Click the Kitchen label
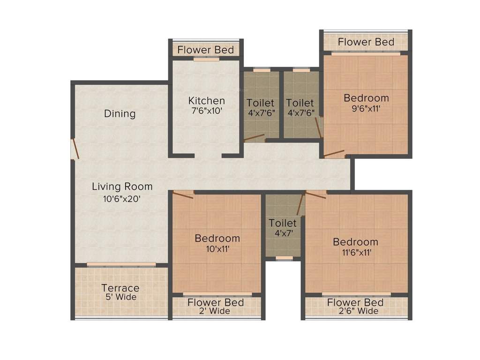(x=206, y=100)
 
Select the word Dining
(x=120, y=113)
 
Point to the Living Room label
(x=122, y=186)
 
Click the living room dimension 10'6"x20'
(x=122, y=198)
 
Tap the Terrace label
(x=120, y=288)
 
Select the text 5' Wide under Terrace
(x=120, y=297)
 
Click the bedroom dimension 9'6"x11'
(x=366, y=109)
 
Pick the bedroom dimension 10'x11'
(x=217, y=249)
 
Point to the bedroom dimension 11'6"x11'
(x=355, y=253)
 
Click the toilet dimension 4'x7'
(x=283, y=233)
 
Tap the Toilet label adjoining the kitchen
(x=261, y=102)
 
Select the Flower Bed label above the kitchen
(x=205, y=50)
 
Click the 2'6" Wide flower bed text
(x=355, y=311)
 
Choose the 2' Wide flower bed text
(x=216, y=311)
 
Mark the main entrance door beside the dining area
(x=74, y=150)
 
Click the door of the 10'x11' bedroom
(x=183, y=194)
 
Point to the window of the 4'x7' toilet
(x=283, y=258)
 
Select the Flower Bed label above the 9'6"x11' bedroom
(x=366, y=42)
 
